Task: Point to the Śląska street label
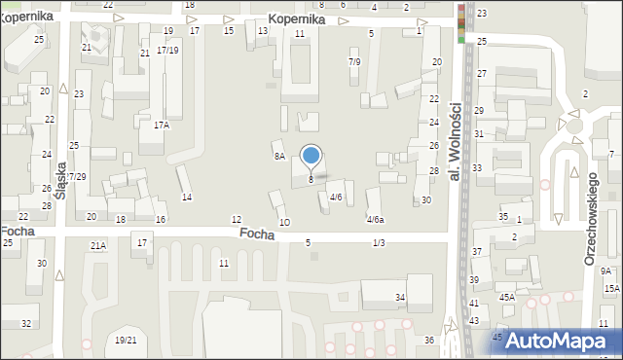[x=60, y=180]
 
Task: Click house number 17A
[x=162, y=125]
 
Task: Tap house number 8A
[x=279, y=156]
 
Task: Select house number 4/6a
[x=375, y=220]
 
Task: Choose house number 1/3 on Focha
[x=379, y=242]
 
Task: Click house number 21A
[x=98, y=246]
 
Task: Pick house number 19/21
[x=126, y=340]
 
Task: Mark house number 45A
[x=507, y=298]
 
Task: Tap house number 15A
[x=611, y=289]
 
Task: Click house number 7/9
[x=354, y=62]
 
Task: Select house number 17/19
[x=167, y=50]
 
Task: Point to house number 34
[x=400, y=296]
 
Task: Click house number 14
[x=187, y=198]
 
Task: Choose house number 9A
[x=605, y=271]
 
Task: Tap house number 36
[x=429, y=340]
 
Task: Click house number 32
[x=26, y=323]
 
